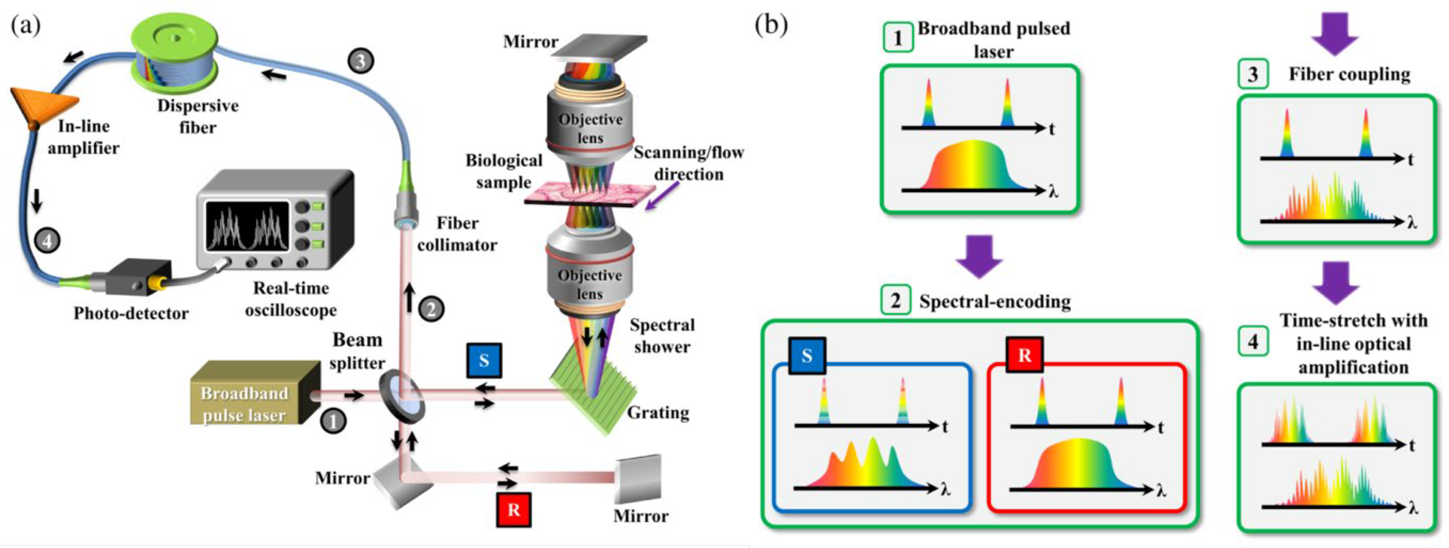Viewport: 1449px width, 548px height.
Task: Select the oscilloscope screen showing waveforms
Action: pyautogui.click(x=247, y=225)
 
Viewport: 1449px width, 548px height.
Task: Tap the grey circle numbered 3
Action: pyautogui.click(x=361, y=60)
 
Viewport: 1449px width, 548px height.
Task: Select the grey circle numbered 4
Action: pyautogui.click(x=47, y=241)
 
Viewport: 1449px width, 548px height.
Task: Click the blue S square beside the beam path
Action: pyautogui.click(x=484, y=360)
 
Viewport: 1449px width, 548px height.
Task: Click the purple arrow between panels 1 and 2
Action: pyautogui.click(x=979, y=256)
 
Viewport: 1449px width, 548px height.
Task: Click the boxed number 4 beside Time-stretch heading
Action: pyautogui.click(x=1253, y=341)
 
